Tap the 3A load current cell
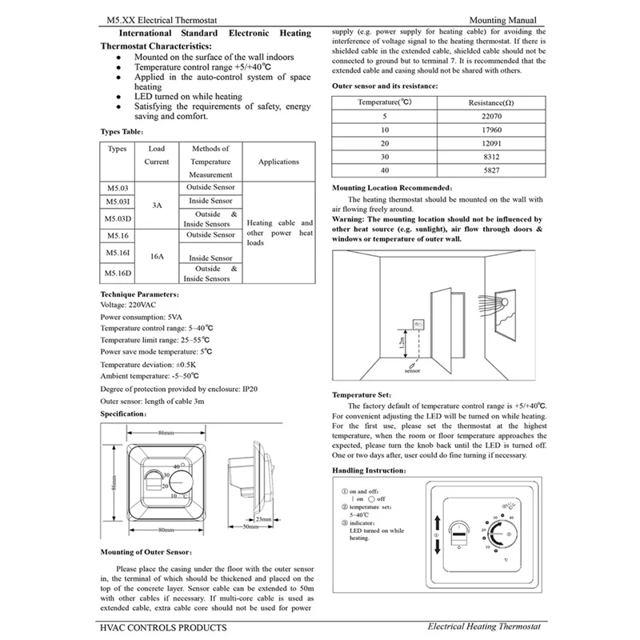click(x=157, y=206)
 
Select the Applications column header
click(x=278, y=162)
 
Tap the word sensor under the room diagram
click(x=413, y=372)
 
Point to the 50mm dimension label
click(x=249, y=527)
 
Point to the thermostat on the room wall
click(x=417, y=324)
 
